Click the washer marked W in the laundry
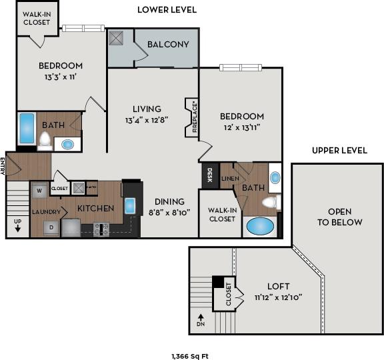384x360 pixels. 40,191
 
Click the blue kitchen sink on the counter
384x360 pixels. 130,205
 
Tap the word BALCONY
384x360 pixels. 167,45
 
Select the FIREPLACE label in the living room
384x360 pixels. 193,117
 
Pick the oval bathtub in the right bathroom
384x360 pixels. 260,226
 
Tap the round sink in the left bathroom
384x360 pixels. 68,144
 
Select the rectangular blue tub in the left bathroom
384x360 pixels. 27,128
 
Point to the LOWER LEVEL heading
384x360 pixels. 166,9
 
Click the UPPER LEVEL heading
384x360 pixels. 339,150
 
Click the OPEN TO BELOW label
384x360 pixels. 339,217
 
